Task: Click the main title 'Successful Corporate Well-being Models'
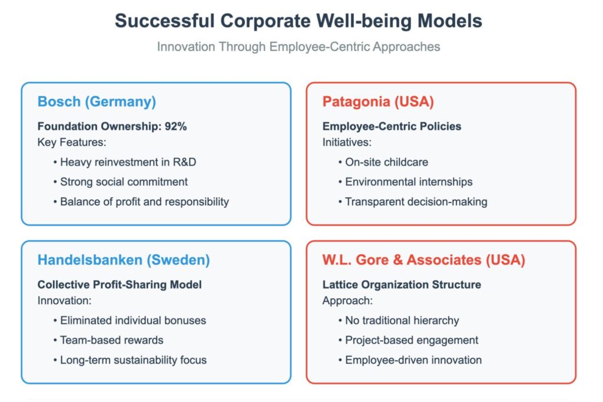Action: point(299,21)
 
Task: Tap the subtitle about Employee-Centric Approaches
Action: point(299,46)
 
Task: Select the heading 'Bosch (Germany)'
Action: point(97,102)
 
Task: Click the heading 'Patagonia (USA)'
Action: point(378,101)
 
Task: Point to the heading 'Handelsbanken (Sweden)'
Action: point(124,260)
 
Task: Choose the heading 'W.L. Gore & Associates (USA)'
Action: point(423,260)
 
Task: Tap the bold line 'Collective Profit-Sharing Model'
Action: point(120,285)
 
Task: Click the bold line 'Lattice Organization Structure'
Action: point(402,285)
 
